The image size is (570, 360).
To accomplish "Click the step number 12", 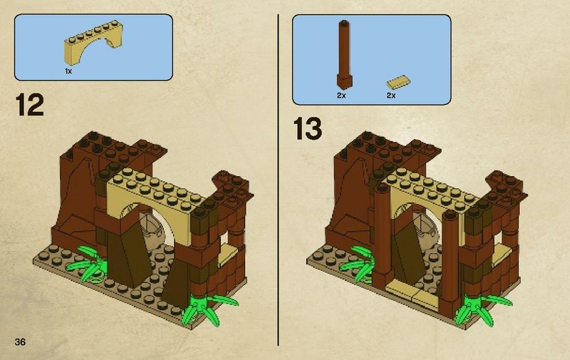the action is [29, 105].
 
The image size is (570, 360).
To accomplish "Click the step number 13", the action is [308, 128].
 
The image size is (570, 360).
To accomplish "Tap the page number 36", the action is [20, 341].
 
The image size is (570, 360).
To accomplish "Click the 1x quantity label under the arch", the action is [68, 71].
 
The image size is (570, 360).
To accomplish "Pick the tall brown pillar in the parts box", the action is [344, 55].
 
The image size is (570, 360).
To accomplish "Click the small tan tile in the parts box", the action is [398, 82].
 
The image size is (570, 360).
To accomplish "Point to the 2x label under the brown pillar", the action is [341, 96].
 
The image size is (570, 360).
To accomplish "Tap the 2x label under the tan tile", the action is [391, 96].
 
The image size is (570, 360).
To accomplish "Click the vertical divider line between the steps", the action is [279, 180].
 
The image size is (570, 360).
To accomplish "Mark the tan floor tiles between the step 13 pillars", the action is [415, 293].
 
